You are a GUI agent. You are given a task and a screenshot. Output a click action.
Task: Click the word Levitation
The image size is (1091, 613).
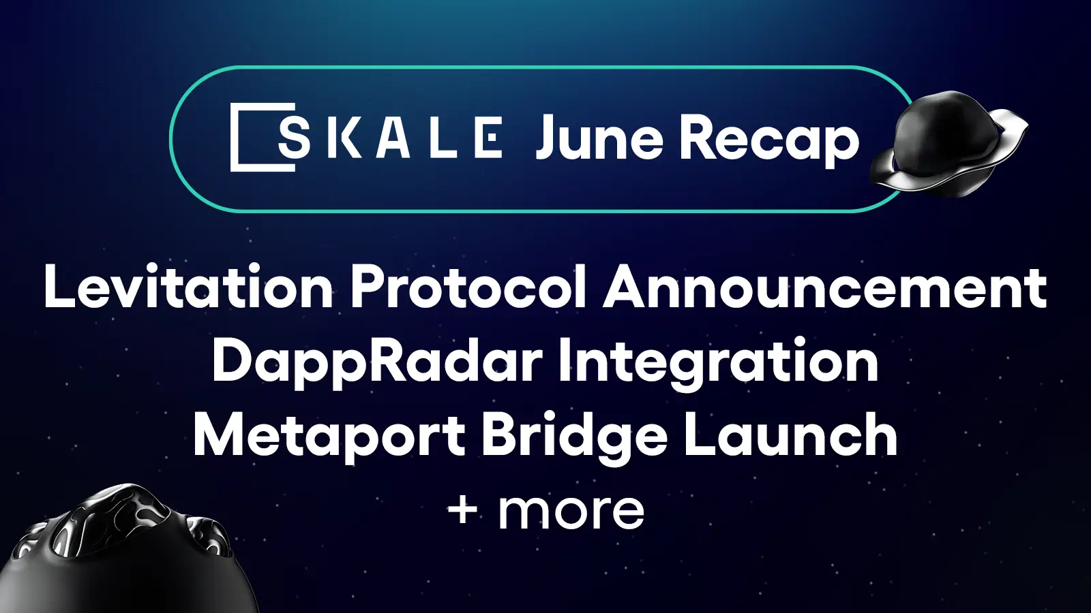[188, 287]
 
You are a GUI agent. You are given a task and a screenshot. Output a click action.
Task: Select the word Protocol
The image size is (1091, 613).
[468, 287]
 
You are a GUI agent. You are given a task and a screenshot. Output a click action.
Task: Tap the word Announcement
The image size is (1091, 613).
[824, 287]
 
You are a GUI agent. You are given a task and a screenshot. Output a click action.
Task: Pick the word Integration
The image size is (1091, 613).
[718, 362]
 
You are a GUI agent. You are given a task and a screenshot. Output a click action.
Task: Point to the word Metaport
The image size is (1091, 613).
[329, 436]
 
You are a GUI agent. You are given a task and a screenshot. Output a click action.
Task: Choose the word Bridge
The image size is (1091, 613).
[574, 437]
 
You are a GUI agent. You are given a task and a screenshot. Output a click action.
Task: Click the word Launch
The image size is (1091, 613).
[790, 436]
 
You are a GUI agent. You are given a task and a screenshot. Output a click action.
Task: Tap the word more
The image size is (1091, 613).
[571, 511]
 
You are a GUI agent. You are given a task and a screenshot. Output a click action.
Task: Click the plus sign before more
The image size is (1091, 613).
[463, 509]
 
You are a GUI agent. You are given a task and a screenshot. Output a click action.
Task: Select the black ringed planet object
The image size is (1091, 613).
[950, 145]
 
